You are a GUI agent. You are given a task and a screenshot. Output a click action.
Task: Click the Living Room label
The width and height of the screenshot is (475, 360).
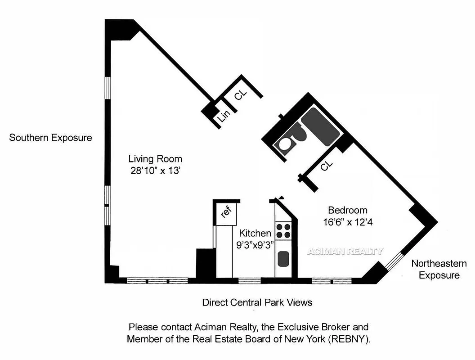(155, 159)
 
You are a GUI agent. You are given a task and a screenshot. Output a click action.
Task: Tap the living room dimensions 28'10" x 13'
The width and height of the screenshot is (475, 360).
(155, 171)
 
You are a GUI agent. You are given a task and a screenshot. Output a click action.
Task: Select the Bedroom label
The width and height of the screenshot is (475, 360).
(347, 210)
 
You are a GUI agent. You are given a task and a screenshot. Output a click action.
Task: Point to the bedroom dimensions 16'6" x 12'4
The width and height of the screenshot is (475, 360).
(347, 222)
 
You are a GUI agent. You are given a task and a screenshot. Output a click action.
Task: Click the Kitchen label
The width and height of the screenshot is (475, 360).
(255, 233)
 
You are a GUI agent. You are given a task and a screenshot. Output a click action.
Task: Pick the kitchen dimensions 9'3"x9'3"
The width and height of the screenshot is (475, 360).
(255, 245)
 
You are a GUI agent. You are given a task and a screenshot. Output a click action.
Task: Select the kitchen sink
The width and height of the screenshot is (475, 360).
(283, 259)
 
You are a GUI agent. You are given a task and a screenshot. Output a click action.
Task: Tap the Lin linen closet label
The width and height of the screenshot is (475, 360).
(224, 115)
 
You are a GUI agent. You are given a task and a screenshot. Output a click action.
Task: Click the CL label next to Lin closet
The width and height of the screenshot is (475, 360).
(241, 95)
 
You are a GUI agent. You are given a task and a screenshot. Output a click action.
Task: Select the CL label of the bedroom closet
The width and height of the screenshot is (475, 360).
(327, 166)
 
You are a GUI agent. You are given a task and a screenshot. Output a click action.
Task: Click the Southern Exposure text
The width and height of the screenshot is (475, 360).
(50, 138)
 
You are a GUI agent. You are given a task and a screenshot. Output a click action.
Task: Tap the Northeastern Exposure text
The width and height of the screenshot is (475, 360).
(439, 269)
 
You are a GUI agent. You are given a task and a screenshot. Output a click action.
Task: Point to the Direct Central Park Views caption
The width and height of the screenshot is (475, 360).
(257, 302)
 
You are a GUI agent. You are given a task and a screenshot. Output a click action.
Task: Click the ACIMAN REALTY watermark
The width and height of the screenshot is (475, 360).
(345, 252)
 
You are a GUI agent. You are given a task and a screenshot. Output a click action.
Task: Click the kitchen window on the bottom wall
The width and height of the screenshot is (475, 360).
(249, 281)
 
